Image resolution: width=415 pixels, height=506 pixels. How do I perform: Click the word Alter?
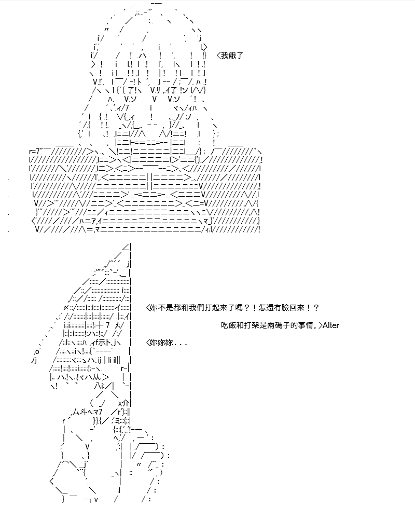click(x=331, y=325)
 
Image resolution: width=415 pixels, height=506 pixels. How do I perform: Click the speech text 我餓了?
click(x=232, y=56)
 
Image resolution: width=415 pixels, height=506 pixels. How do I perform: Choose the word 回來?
click(x=297, y=308)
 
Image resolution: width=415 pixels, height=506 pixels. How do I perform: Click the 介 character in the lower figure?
click(x=126, y=403)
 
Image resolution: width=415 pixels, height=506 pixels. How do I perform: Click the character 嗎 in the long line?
click(x=240, y=308)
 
